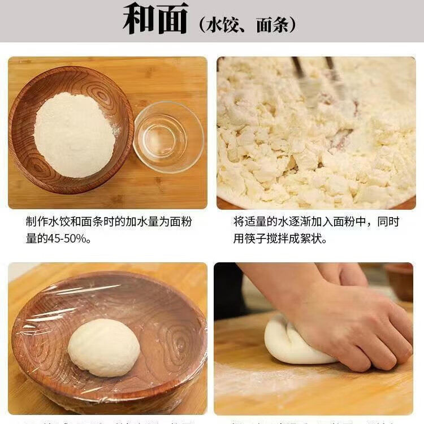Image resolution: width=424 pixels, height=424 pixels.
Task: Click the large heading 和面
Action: (x=155, y=20)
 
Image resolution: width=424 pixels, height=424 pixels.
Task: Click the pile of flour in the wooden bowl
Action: (x=74, y=135)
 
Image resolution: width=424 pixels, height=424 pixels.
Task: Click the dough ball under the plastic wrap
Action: (x=103, y=347)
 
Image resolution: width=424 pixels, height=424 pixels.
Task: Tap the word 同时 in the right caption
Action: (x=388, y=222)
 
